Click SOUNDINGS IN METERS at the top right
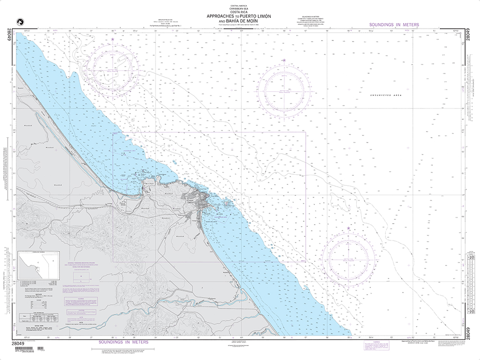tap(394, 24)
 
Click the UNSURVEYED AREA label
tap(385, 96)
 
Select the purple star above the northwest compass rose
tap(113, 39)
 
